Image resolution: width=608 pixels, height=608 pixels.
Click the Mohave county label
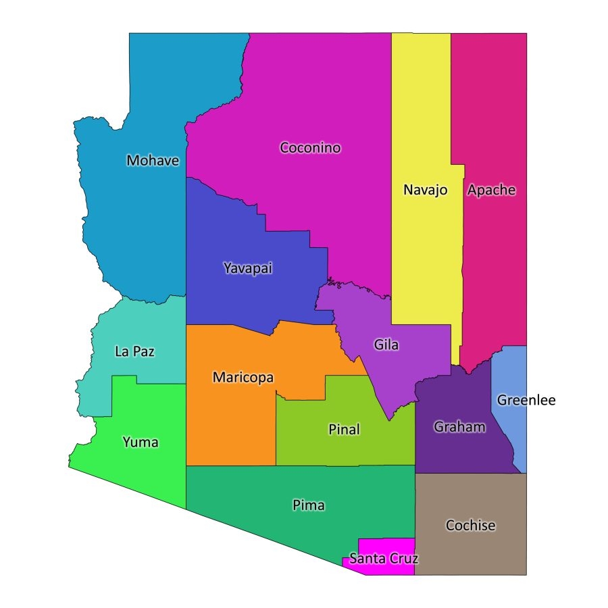click(x=153, y=161)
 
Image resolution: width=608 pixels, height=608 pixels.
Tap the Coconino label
click(x=311, y=148)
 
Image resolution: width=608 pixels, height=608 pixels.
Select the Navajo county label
click(x=426, y=190)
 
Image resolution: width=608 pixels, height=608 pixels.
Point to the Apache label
click(x=491, y=190)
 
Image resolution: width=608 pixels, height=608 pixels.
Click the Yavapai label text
click(x=247, y=268)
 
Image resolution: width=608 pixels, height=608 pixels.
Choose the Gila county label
click(x=386, y=345)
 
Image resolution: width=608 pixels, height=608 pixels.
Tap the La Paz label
click(x=135, y=351)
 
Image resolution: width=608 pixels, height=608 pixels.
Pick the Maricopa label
click(x=243, y=378)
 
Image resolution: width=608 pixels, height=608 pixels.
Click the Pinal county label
click(x=344, y=430)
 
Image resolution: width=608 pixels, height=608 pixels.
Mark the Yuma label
click(x=141, y=442)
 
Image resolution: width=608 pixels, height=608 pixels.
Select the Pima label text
click(x=309, y=505)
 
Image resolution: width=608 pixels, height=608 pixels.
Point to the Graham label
click(x=459, y=427)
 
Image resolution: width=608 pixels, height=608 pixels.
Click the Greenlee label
click(x=526, y=401)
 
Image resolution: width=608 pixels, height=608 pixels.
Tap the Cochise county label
click(x=471, y=526)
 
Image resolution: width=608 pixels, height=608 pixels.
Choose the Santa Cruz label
click(x=383, y=559)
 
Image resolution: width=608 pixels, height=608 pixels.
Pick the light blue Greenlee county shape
click(x=511, y=432)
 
